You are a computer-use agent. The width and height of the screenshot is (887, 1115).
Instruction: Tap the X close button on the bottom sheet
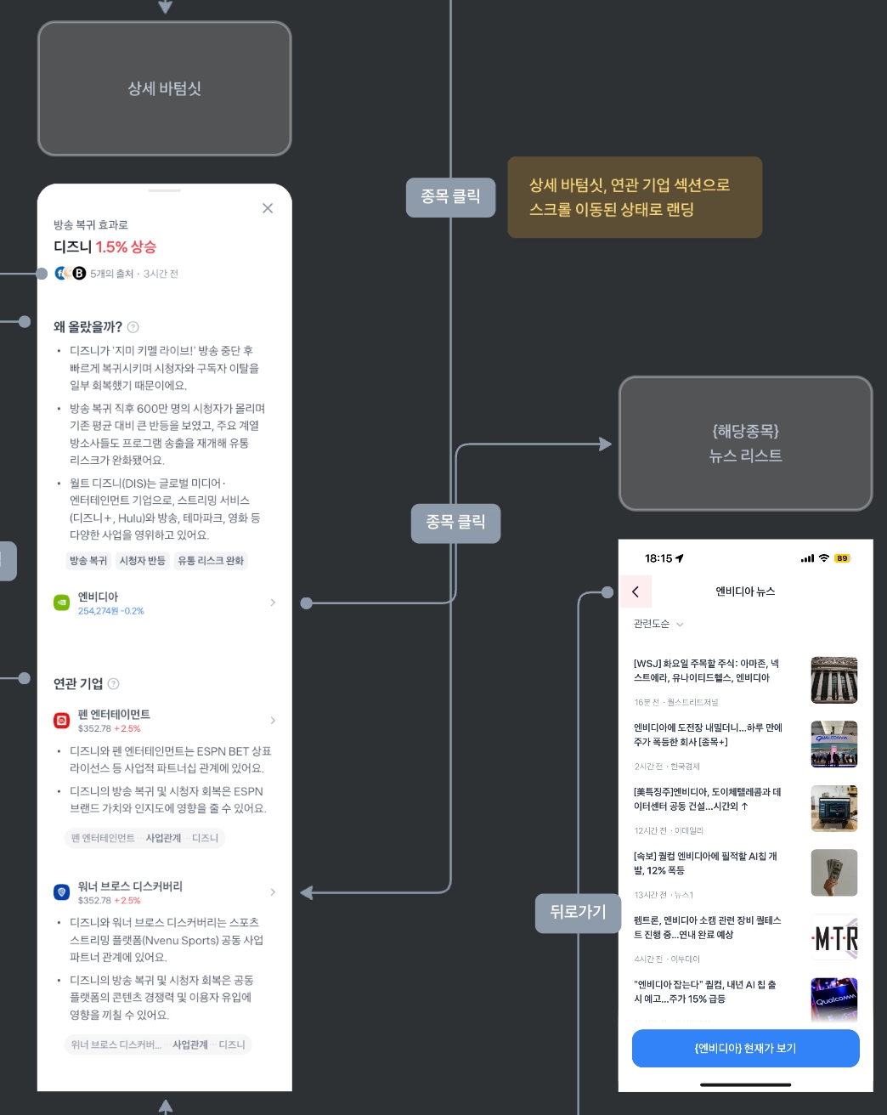tap(268, 208)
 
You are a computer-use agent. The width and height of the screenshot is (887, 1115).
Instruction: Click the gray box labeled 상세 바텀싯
tap(165, 88)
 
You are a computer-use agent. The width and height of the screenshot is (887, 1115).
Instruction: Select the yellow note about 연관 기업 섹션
tap(634, 197)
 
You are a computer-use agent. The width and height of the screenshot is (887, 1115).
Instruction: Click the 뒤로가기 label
tap(578, 913)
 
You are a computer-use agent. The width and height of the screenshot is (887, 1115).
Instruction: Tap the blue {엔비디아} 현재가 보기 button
tap(745, 1048)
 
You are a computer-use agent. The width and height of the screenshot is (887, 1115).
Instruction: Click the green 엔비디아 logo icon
tap(61, 603)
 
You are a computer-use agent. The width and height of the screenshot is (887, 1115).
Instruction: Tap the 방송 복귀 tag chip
tap(88, 561)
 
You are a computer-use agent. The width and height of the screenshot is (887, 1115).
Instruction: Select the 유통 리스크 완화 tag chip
tap(211, 561)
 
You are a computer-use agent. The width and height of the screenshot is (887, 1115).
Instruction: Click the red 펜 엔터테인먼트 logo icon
tap(61, 721)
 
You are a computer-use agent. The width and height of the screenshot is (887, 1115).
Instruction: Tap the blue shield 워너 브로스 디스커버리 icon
tap(61, 892)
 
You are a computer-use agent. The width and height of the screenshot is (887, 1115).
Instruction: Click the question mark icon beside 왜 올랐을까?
tap(133, 327)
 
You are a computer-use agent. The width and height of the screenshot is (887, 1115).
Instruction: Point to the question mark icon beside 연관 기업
tap(114, 684)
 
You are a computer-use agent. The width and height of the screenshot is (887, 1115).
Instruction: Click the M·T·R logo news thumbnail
tap(833, 937)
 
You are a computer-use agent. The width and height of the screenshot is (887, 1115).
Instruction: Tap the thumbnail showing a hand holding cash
tap(833, 873)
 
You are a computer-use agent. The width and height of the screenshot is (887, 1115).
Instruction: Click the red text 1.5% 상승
tap(126, 247)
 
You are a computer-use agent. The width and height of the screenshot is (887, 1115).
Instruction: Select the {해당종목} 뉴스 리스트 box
tap(745, 444)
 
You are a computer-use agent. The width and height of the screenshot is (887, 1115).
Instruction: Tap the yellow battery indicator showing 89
tap(842, 558)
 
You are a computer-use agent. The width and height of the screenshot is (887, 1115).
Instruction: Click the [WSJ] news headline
tap(706, 671)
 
